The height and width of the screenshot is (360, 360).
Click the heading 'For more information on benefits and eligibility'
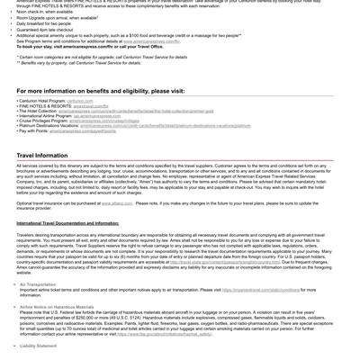point(100,91)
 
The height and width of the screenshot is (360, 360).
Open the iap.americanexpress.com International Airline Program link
point(96,115)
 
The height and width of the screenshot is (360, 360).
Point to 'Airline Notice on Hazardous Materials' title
point(57,307)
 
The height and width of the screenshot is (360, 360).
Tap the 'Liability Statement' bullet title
point(38,346)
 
